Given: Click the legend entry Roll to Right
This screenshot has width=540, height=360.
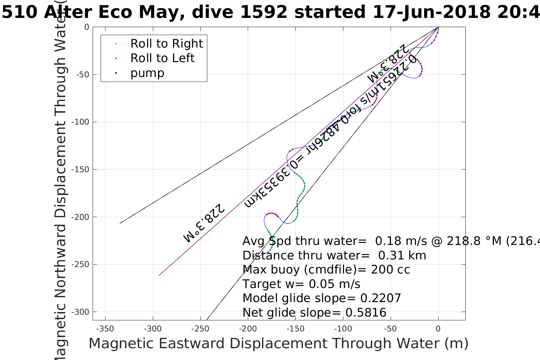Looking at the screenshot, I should tap(166, 44).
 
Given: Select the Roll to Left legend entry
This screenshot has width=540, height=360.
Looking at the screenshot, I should tap(162, 58).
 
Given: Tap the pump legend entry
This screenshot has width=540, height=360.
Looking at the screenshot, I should tap(147, 73).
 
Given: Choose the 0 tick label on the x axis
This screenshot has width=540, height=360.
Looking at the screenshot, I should tap(438, 329).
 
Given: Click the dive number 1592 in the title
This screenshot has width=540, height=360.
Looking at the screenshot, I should tap(264, 12).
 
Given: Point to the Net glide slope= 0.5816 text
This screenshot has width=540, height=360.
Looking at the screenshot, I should tap(314, 313).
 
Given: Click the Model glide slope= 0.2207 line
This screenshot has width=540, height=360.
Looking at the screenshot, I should tap(322, 298).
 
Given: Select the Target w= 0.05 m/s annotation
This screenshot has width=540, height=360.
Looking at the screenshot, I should tap(301, 284).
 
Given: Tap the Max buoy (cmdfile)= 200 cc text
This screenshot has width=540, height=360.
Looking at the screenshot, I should tap(326, 270).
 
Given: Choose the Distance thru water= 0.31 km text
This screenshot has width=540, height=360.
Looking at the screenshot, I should tap(334, 256).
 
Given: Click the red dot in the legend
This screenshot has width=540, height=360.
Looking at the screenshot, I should tap(116, 59).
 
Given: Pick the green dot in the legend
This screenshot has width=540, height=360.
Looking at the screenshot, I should tap(116, 44).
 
